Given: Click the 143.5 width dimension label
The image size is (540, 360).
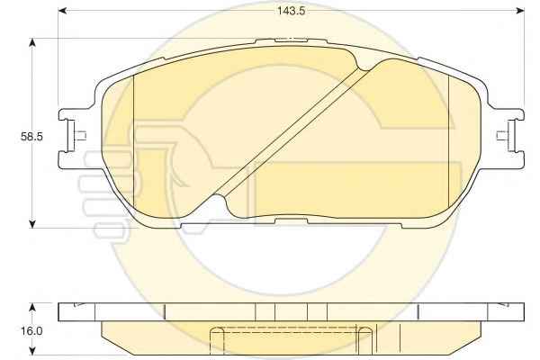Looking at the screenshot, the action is point(292,11).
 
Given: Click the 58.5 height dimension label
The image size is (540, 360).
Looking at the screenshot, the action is point(31,137).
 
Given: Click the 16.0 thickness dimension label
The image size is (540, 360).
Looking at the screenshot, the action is point(31,331).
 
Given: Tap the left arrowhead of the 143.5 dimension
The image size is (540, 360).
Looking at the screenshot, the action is point(62,11).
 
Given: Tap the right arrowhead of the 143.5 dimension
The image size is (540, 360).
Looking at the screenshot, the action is point(520,11).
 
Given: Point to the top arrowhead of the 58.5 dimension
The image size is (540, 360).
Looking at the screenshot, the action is point(32,42).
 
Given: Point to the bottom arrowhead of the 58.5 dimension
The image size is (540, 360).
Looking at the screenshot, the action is point(32,223).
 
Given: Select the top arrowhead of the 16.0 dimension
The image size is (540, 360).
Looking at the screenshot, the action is point(32,307).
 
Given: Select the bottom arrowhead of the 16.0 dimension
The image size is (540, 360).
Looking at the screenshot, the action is point(32,350).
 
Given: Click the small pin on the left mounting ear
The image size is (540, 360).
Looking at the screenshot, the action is point(81,136).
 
